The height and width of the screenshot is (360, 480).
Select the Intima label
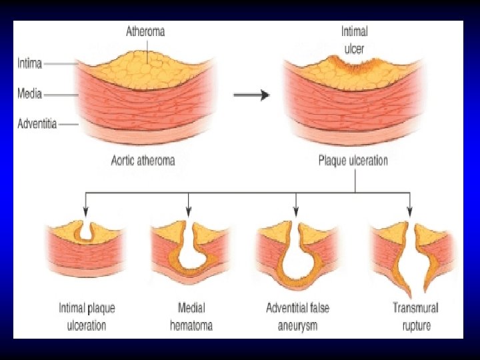click(x=29, y=64)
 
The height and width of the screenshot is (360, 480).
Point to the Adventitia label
click(x=37, y=123)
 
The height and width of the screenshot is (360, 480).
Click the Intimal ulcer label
click(x=354, y=38)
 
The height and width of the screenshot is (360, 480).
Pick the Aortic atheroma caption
click(x=143, y=160)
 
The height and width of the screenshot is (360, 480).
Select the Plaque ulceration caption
click(x=353, y=161)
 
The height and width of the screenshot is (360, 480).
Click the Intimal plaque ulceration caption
click(x=87, y=317)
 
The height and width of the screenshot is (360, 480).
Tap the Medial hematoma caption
click(x=191, y=317)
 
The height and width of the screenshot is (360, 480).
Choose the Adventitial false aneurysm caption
click(x=297, y=317)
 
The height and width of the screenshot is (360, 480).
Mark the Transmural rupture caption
click(x=411, y=317)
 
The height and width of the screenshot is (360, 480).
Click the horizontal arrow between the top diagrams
click(x=251, y=95)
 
